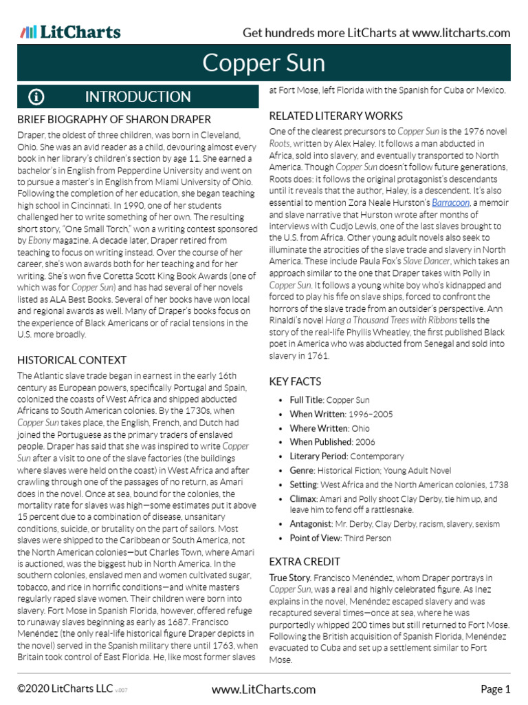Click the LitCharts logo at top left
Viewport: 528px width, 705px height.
[70, 32]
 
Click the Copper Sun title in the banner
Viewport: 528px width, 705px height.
[263, 64]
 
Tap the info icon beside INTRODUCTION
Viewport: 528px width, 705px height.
[36, 97]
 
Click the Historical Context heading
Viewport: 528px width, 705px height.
[72, 359]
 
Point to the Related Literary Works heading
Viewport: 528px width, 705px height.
[335, 116]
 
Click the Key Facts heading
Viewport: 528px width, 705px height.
[295, 381]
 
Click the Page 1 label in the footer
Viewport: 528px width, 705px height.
[495, 689]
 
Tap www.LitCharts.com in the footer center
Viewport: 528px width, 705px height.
[263, 689]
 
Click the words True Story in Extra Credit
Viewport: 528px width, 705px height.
[291, 578]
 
